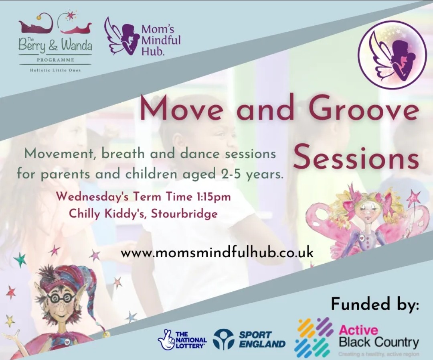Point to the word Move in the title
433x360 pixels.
coord(179,109)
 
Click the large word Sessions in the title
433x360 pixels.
coord(356,157)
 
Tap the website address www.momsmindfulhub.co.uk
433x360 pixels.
coord(217,253)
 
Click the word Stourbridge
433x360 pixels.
coord(185,214)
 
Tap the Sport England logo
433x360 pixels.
coord(249,340)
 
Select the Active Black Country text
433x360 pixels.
coord(379,337)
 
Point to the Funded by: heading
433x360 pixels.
coord(375,304)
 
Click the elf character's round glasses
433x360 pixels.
coord(61,297)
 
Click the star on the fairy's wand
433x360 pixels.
coord(413,198)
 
